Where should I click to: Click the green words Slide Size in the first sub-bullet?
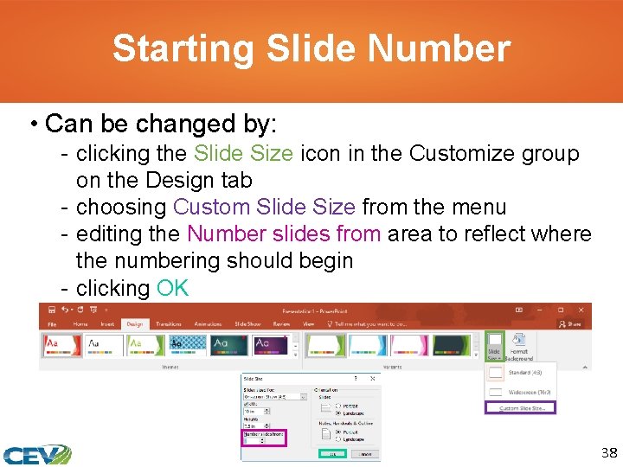tap(243, 154)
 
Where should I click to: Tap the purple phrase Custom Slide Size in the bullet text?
tap(264, 208)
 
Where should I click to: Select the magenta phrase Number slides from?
tap(284, 234)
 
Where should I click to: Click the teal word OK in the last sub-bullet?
tap(173, 288)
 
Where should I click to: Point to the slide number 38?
tap(609, 452)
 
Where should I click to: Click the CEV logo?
tap(36, 454)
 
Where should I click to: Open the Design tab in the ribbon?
tap(134, 324)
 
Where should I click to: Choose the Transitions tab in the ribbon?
tap(168, 324)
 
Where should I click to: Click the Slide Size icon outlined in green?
tap(494, 346)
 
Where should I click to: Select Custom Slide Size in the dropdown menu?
tap(521, 407)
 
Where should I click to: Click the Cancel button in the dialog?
tap(367, 452)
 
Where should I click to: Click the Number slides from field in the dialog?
tap(259, 439)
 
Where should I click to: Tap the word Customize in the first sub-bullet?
tap(453, 154)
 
